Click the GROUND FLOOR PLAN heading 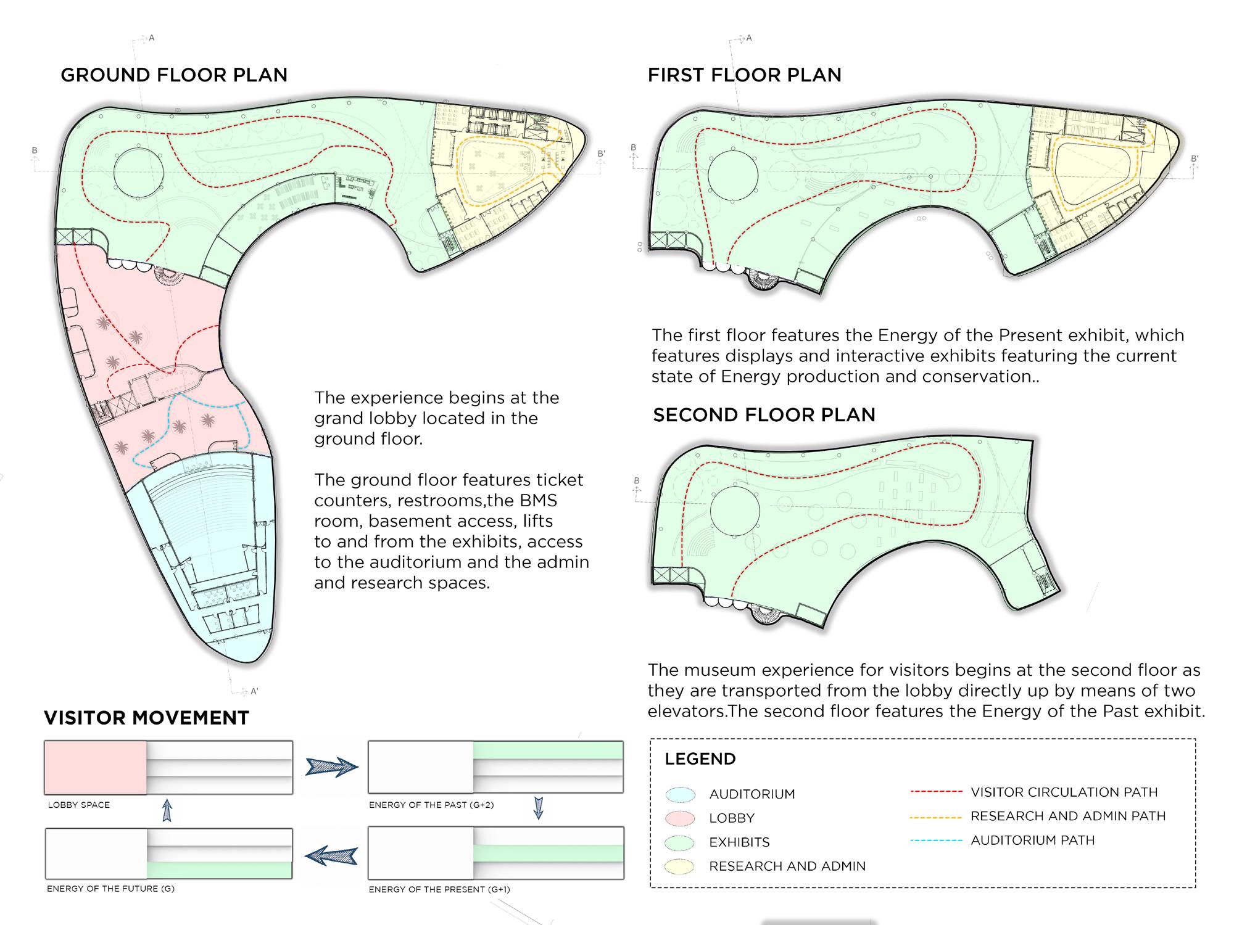(x=174, y=75)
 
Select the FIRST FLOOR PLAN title (x=744, y=75)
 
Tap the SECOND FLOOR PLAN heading (x=764, y=415)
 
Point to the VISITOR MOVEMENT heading (x=146, y=718)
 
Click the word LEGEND (x=700, y=759)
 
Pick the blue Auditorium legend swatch (x=681, y=794)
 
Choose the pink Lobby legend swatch (x=681, y=818)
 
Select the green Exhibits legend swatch (x=681, y=842)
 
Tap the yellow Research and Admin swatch (x=681, y=866)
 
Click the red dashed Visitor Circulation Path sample (x=936, y=792)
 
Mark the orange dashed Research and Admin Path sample (x=936, y=816)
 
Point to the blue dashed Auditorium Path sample (x=936, y=841)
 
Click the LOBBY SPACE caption (x=79, y=805)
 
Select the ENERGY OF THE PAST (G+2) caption (x=431, y=805)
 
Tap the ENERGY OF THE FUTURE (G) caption (x=110, y=889)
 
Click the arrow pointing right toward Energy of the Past (x=332, y=767)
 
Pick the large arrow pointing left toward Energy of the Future (x=332, y=855)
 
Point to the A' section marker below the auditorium (x=254, y=691)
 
